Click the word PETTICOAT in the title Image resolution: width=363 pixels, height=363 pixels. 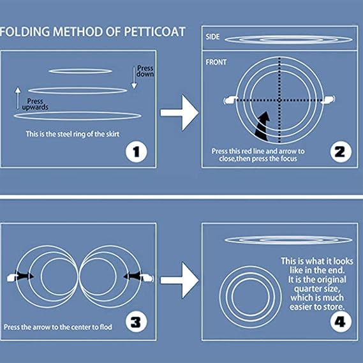154,32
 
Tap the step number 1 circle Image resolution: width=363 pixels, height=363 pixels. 137,152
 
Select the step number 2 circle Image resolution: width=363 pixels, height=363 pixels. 341,152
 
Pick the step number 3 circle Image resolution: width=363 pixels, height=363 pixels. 136,322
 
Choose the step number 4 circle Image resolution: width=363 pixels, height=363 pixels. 341,322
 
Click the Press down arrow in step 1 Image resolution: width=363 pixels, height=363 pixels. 134,78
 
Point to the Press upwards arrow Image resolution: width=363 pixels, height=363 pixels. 18,98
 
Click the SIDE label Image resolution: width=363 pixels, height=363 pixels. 212,37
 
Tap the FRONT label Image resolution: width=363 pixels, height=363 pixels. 216,63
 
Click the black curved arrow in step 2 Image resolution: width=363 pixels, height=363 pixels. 263,126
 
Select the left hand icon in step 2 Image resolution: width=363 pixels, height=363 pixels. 230,100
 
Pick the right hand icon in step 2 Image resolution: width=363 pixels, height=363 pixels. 329,100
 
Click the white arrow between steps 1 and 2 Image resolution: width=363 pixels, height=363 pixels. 180,113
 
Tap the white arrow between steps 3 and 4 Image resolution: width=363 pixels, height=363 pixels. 180,280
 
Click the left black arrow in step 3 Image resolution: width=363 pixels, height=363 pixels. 24,276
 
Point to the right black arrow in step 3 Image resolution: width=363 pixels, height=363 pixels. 133,276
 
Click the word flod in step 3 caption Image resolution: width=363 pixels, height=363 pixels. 106,327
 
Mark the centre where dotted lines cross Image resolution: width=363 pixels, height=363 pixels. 279,100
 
